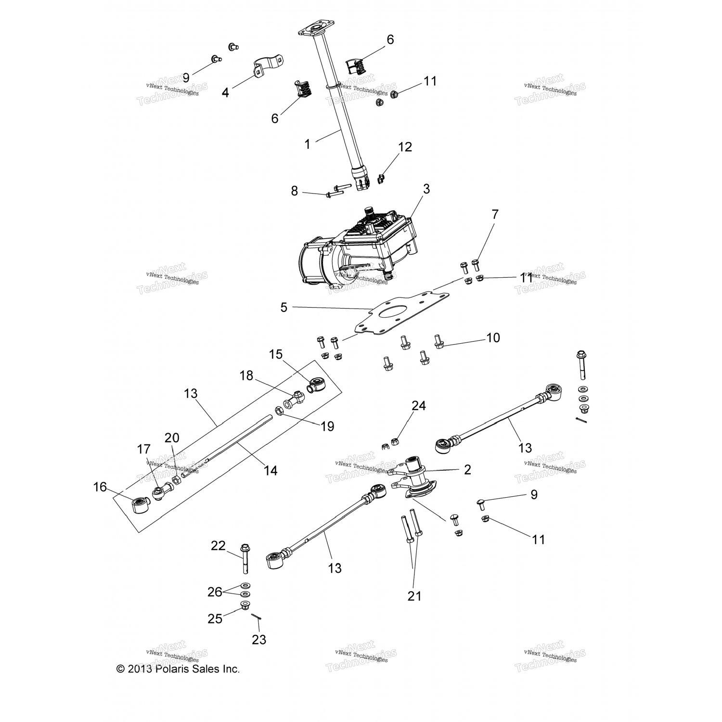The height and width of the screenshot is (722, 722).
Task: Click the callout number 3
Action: point(426,189)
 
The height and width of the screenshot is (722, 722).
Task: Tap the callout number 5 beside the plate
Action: point(284,307)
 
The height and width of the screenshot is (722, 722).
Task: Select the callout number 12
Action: point(405,147)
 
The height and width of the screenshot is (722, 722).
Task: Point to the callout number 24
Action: point(418,406)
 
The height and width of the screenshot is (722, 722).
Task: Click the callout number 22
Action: point(219,546)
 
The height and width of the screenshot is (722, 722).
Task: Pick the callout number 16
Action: point(100,487)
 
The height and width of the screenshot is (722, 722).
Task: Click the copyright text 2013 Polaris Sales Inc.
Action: point(178,669)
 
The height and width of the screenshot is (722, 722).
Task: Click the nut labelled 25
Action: point(245,605)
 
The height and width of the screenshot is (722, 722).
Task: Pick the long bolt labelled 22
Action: point(245,558)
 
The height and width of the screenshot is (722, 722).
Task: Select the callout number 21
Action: point(414,596)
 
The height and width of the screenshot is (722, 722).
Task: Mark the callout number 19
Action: point(327,426)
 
